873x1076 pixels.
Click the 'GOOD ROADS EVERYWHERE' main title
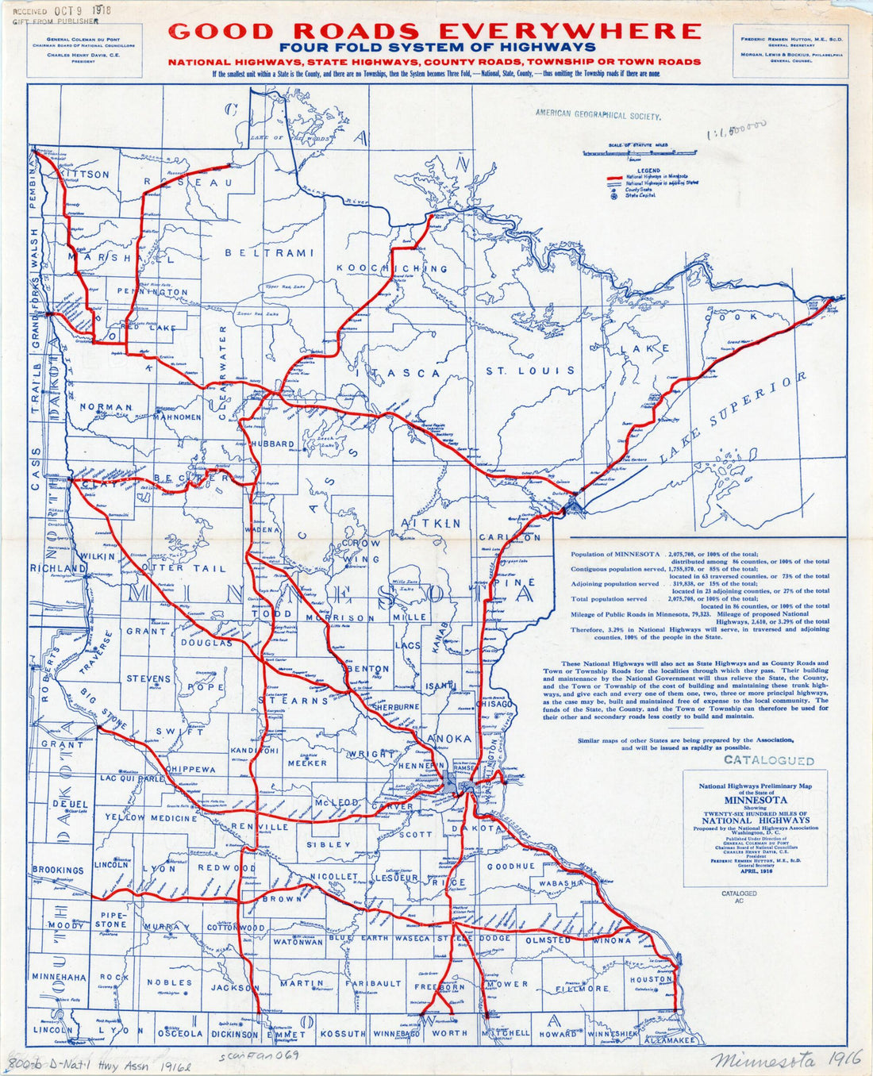click(435, 31)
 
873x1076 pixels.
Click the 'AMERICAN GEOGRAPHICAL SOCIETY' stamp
click(598, 115)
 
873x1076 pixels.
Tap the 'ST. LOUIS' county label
click(530, 371)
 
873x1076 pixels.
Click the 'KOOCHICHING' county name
click(391, 268)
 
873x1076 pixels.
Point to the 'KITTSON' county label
click(85, 174)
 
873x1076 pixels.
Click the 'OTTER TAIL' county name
click(183, 568)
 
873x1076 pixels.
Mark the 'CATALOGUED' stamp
click(769, 760)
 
